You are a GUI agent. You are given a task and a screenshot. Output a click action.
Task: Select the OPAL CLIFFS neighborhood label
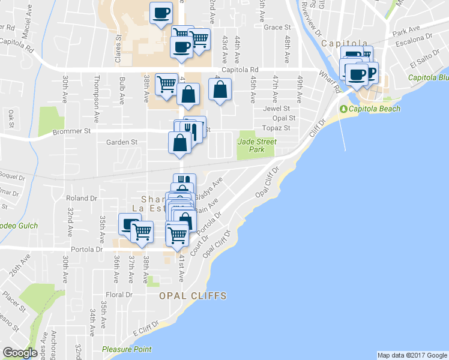pos(193,296)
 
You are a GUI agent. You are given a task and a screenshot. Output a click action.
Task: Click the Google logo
pos(20,353)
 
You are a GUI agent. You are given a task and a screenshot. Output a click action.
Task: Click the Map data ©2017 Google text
pos(412,355)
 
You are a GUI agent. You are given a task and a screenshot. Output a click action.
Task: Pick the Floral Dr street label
pos(119,295)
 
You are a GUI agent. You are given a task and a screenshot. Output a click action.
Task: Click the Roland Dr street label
pos(82,198)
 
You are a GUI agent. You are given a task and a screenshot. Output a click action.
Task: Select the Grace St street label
pos(277,28)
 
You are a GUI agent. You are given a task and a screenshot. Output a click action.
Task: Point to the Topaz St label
pos(278,128)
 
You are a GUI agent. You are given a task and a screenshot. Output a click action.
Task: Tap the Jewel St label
pos(277,109)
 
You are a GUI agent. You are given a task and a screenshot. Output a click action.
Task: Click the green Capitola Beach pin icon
pos(343,109)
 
